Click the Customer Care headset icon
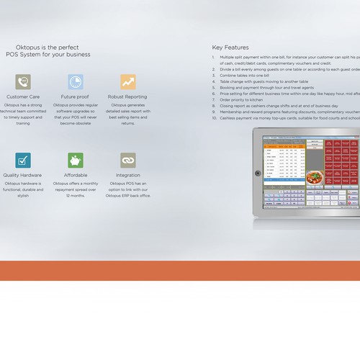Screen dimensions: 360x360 (23, 81)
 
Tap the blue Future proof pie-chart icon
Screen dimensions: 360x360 (76, 81)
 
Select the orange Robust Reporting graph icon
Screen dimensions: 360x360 (128, 81)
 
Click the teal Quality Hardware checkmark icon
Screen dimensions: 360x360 (23, 160)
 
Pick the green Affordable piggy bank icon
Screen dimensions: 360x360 (76, 160)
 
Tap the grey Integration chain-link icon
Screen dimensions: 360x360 (128, 160)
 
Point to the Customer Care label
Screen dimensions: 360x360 (23, 96)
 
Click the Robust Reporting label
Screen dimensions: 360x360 (127, 96)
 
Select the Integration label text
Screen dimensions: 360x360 (127, 175)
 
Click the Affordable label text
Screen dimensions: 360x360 (76, 175)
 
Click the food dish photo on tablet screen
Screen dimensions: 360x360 (315, 176)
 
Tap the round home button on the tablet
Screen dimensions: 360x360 (257, 172)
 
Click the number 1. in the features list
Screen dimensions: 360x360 (215, 55)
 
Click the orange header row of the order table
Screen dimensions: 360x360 (284, 145)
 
